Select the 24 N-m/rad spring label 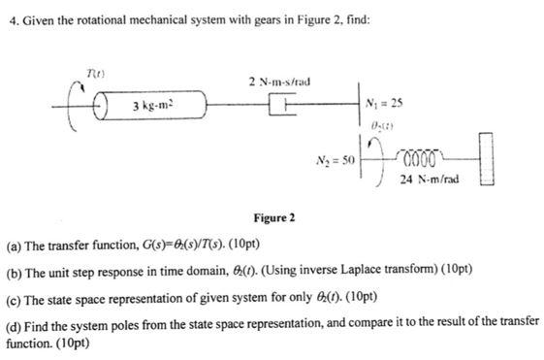click(431, 178)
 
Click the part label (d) click(14, 321)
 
